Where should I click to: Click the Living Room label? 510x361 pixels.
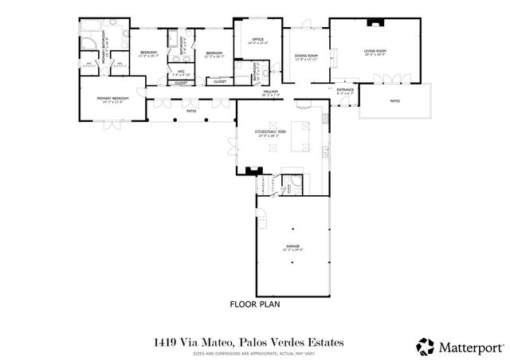374,53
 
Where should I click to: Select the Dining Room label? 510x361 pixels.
306,56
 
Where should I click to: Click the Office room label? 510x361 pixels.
257,41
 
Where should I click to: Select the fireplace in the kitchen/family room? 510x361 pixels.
254,169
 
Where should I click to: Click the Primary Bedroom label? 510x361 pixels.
112,100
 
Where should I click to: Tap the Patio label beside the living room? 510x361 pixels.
394,101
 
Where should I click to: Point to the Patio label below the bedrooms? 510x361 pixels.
191,111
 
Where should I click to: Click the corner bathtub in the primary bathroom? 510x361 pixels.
89,37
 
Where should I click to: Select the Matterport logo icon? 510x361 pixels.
426,346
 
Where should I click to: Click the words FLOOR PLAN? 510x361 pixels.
255,304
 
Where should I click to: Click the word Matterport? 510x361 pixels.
471,347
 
